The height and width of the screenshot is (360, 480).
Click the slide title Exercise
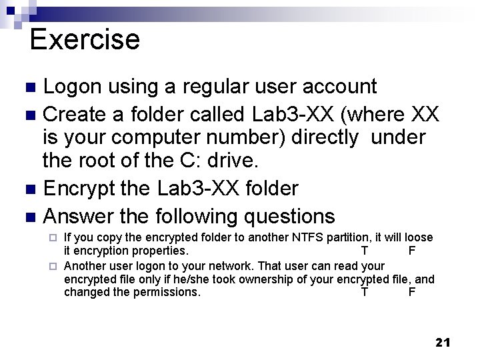tap(85, 39)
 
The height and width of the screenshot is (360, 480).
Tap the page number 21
tap(443, 342)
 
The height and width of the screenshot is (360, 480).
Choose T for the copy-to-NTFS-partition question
tap(364, 251)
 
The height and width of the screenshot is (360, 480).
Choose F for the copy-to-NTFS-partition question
tap(412, 251)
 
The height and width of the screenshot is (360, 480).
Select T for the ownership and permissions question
tap(364, 292)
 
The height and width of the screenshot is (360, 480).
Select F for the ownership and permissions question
tap(412, 292)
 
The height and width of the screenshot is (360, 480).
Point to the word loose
tap(419, 238)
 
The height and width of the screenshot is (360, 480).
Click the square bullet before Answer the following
tap(29, 217)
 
